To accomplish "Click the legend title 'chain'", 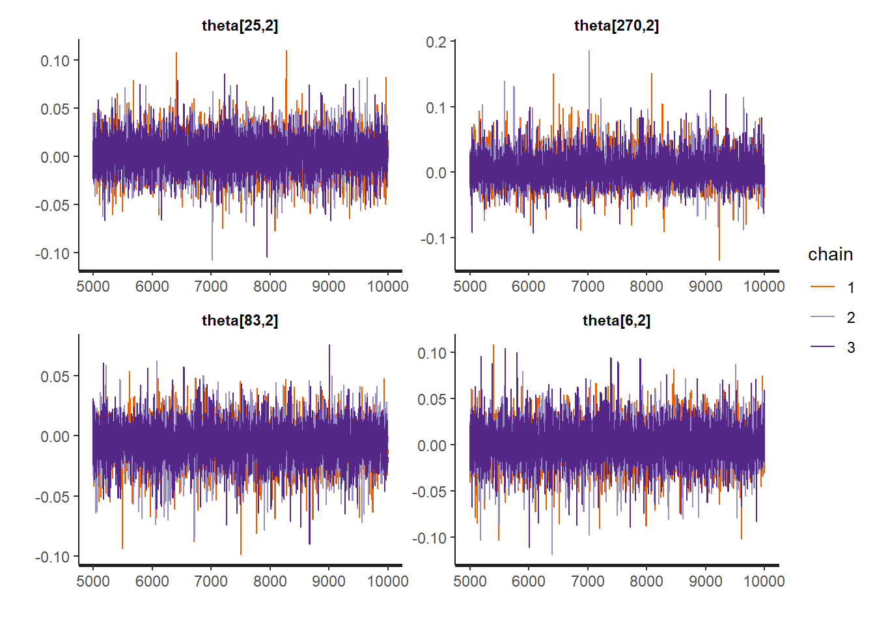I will [830, 255].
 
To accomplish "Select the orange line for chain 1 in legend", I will [822, 287].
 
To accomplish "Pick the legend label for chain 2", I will [850, 318].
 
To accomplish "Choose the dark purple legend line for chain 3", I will [822, 347].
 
